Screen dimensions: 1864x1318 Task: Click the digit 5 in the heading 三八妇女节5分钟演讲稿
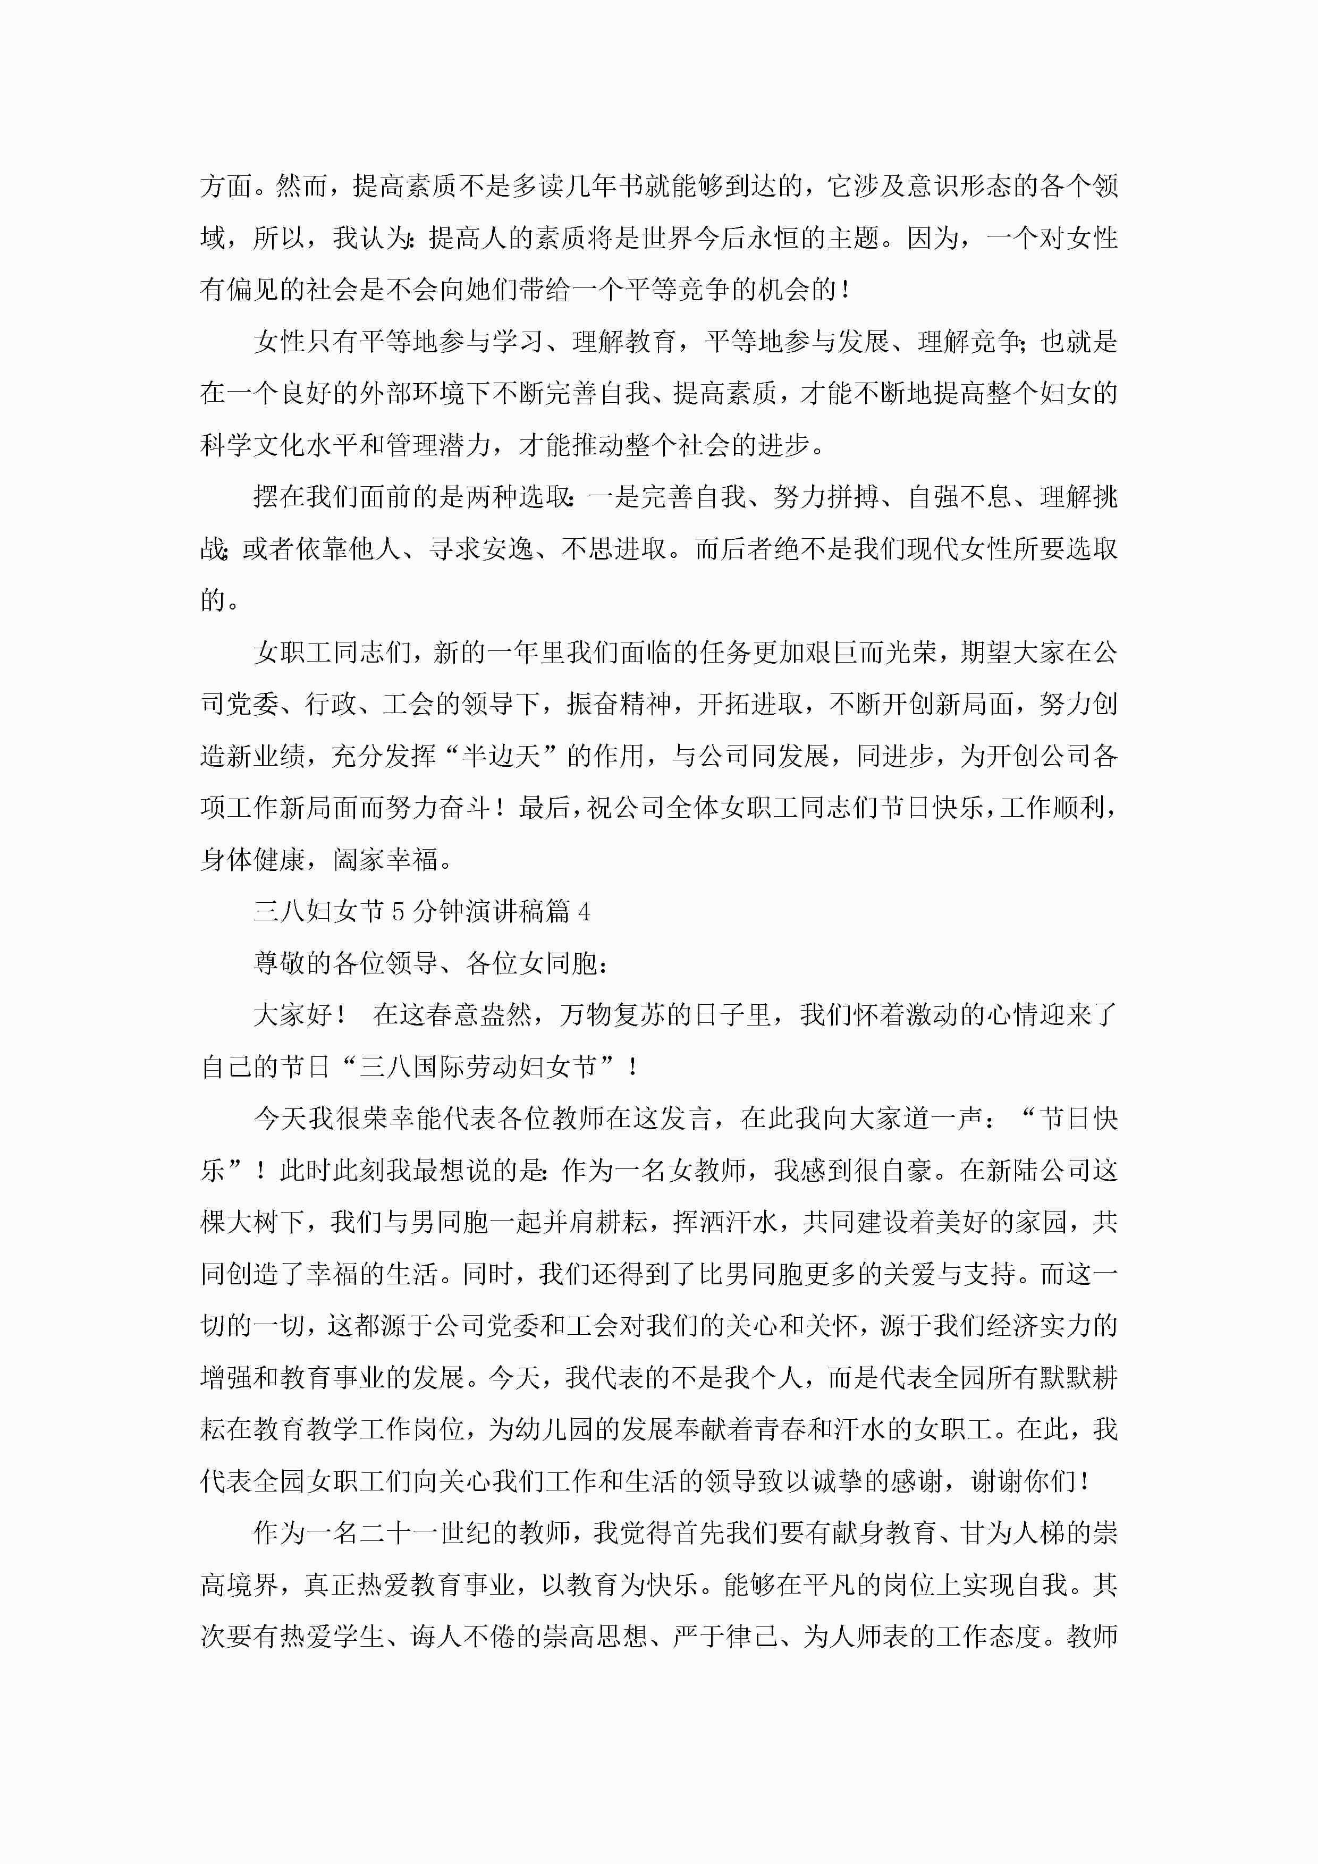click(398, 912)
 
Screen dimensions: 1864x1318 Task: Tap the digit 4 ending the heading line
click(584, 912)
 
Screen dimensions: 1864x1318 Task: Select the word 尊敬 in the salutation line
click(280, 964)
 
